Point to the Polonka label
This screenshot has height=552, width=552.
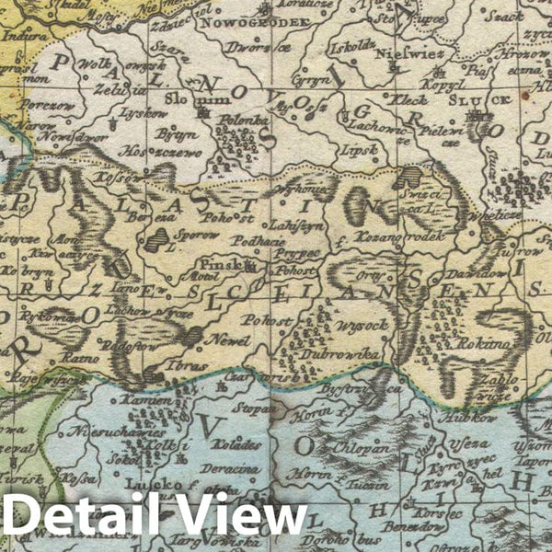(x=236, y=119)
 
